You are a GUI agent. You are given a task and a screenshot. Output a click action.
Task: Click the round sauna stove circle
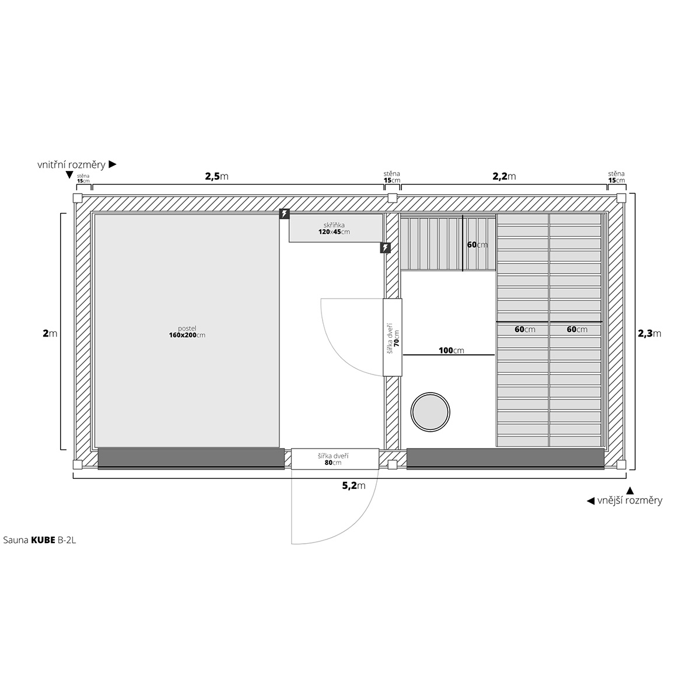[x=430, y=412]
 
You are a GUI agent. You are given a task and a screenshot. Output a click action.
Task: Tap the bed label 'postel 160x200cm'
[x=187, y=332]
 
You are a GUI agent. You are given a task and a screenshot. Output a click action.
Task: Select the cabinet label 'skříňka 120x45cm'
[x=334, y=229]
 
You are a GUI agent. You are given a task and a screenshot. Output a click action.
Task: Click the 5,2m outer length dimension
[x=354, y=486]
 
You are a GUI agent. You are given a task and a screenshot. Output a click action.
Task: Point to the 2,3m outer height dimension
[x=649, y=334]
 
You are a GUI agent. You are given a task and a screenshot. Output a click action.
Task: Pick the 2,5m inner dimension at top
[x=217, y=176]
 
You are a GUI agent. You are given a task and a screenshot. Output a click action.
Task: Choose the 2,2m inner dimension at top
[x=504, y=176]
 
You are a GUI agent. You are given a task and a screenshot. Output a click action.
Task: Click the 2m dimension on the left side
[x=50, y=333]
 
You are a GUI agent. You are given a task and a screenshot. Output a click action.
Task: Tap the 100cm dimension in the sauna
[x=451, y=351]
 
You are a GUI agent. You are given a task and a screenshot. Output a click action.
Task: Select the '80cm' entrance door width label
[x=333, y=463]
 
